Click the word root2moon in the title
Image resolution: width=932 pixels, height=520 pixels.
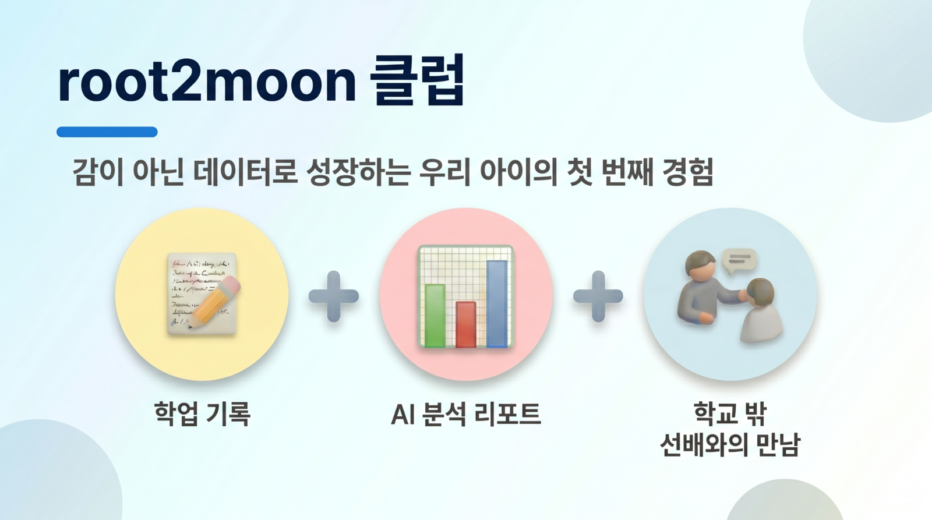coord(207,82)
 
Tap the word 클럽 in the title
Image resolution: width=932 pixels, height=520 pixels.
coord(417,81)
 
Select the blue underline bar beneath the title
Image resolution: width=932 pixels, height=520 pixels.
coord(107,132)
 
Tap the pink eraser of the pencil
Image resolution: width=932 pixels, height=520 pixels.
coord(231,285)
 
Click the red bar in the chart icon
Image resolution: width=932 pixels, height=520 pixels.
coord(465,324)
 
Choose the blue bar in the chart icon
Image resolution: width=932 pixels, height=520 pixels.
coord(497,303)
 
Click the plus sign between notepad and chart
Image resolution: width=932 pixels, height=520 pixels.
coord(333,296)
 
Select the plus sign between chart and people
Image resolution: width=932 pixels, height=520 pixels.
coord(598,296)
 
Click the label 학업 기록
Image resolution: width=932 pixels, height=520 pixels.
coord(202,414)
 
